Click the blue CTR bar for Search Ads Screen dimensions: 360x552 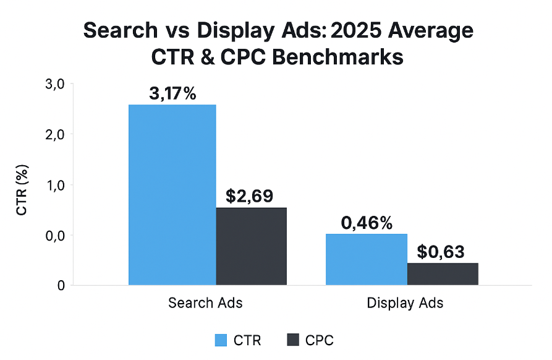click(x=172, y=195)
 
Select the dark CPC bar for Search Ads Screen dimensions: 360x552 click(x=252, y=246)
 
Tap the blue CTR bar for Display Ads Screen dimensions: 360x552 click(x=367, y=259)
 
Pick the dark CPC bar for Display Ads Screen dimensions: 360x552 click(x=443, y=274)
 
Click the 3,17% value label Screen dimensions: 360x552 click(x=172, y=94)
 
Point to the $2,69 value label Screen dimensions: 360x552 click(x=252, y=197)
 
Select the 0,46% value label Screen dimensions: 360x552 click(x=367, y=223)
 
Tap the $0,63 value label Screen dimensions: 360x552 click(x=441, y=252)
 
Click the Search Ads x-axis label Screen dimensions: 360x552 click(x=205, y=303)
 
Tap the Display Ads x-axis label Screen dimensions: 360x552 click(x=405, y=303)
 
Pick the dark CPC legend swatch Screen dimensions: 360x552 click(x=293, y=340)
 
